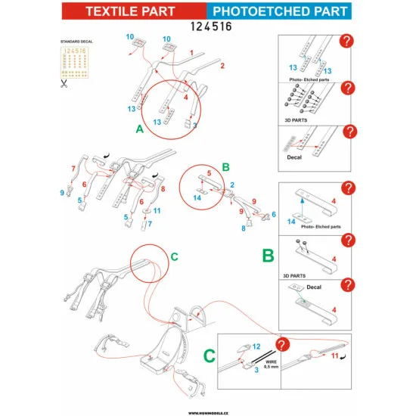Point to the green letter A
139,129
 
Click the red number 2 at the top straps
222,67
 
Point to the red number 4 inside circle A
186,97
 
